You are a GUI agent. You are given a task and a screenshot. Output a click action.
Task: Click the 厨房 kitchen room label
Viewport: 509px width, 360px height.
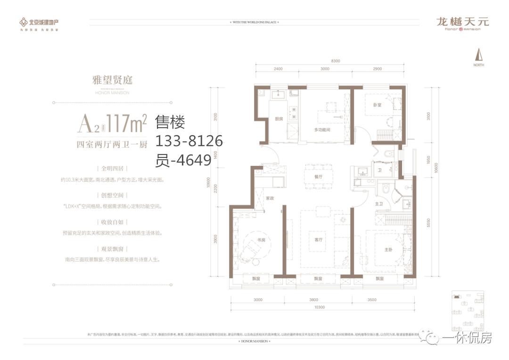279,119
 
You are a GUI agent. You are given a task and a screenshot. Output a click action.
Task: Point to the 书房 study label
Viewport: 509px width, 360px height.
261,240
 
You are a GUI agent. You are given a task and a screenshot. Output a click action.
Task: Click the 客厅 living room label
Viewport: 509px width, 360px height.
318,240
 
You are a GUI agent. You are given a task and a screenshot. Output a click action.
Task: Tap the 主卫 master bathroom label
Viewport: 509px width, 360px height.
378,204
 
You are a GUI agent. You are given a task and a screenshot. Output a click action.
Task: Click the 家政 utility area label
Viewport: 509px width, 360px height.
270,198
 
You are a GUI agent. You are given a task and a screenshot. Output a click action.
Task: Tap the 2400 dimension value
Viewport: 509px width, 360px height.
278,69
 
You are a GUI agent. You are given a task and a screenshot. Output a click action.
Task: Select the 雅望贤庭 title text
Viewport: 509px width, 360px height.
112,80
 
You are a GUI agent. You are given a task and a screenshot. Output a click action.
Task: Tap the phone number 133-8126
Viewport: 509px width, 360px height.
189,141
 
